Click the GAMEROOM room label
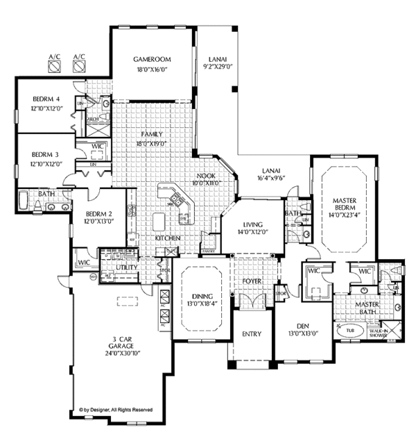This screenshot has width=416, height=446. [152, 60]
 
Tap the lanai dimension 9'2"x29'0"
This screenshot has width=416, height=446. [214, 69]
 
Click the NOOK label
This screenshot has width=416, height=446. [205, 175]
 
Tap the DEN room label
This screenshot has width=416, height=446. [295, 323]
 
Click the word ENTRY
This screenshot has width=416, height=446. [252, 334]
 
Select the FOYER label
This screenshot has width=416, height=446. [251, 281]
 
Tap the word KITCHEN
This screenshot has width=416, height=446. [168, 238]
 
